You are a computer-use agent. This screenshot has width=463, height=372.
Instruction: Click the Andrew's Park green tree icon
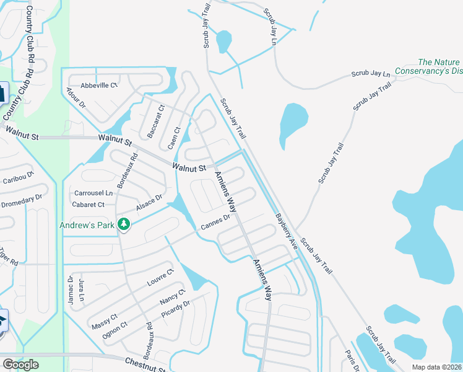pyautogui.click(x=124, y=224)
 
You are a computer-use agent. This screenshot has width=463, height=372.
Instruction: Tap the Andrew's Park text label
pyautogui.click(x=87, y=225)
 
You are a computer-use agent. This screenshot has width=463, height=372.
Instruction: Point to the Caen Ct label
pyautogui.click(x=174, y=138)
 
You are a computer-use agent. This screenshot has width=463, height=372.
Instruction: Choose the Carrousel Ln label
pyautogui.click(x=93, y=193)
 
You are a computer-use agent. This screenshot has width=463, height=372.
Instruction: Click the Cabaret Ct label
pyautogui.click(x=89, y=205)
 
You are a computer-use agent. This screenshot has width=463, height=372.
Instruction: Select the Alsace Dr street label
pyautogui.click(x=149, y=202)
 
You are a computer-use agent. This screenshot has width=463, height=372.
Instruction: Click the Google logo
pyautogui.click(x=20, y=365)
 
